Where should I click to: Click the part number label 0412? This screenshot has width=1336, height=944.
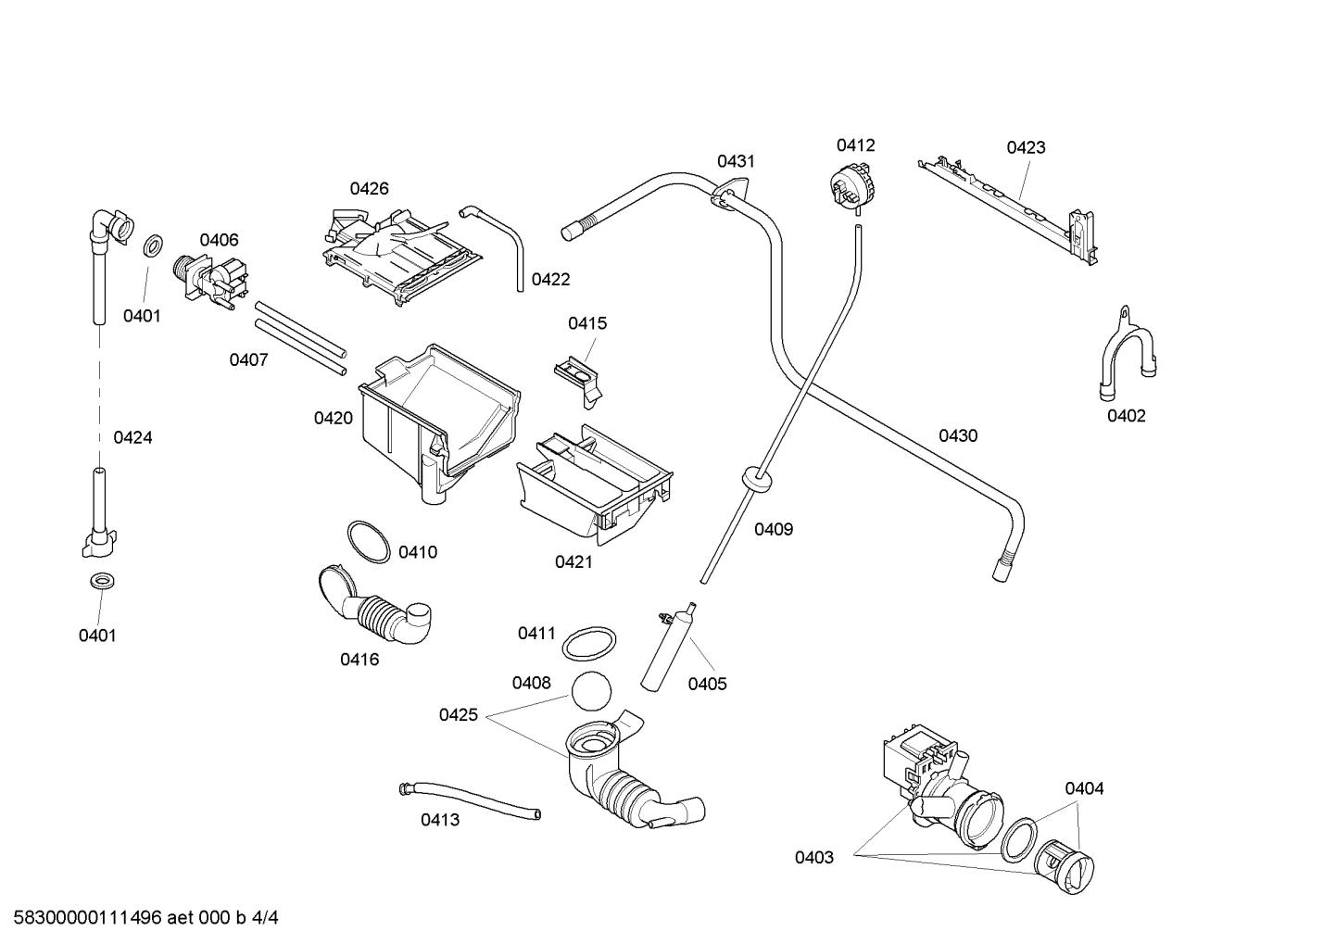[x=855, y=145]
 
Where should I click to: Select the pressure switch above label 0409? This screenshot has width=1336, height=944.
[x=853, y=183]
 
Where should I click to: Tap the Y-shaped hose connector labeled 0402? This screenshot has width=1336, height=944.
[x=1125, y=353]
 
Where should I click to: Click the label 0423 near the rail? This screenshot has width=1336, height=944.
[x=1026, y=147]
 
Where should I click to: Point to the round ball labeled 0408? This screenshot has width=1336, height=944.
[x=593, y=693]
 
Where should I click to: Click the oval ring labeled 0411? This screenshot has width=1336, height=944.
[x=590, y=641]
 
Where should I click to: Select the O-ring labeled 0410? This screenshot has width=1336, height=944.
[x=369, y=542]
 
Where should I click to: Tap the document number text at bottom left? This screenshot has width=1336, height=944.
[x=140, y=918]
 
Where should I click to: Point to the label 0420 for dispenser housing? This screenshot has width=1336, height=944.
[x=333, y=418]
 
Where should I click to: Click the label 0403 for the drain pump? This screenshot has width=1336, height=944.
[x=813, y=858]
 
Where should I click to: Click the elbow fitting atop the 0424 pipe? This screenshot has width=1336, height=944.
[x=113, y=224]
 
